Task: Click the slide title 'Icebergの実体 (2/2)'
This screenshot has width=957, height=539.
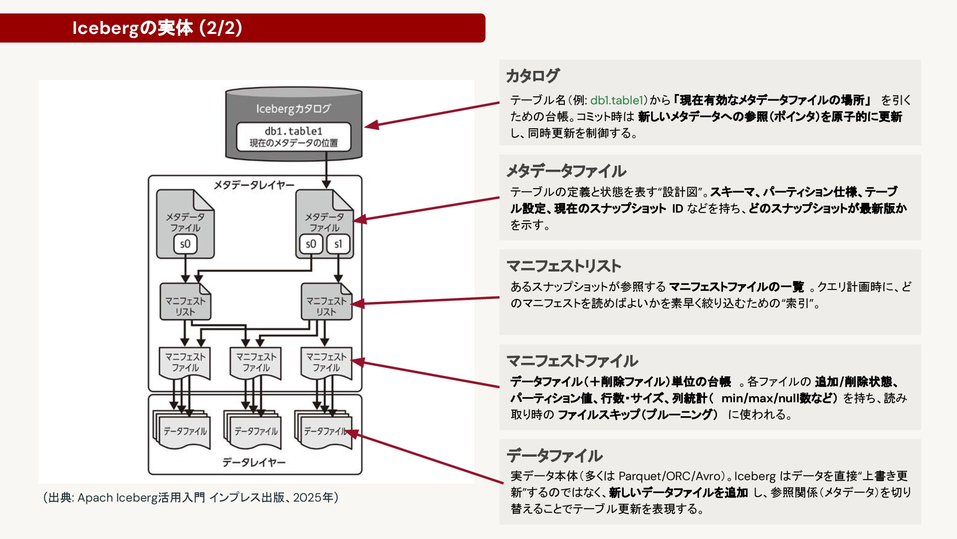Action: pyautogui.click(x=157, y=28)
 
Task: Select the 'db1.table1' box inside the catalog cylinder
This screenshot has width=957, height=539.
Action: pyautogui.click(x=293, y=137)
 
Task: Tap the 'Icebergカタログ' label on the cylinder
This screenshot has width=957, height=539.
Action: pyautogui.click(x=293, y=108)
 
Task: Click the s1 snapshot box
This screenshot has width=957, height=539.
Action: pyautogui.click(x=338, y=244)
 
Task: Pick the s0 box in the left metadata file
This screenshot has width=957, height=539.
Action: pyautogui.click(x=185, y=244)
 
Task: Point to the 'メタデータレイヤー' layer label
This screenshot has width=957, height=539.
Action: pyautogui.click(x=254, y=185)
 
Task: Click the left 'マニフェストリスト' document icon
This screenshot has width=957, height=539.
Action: pyautogui.click(x=185, y=302)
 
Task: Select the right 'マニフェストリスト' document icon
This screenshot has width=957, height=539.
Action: pyautogui.click(x=326, y=302)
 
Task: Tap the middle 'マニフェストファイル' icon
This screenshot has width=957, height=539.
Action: pyautogui.click(x=256, y=362)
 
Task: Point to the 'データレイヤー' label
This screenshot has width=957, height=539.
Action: pyautogui.click(x=254, y=463)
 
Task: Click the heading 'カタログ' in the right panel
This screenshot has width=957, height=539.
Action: pyautogui.click(x=533, y=76)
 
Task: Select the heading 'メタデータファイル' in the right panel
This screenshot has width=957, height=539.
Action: pyautogui.click(x=566, y=171)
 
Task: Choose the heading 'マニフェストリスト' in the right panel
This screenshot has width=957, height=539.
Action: pyautogui.click(x=564, y=266)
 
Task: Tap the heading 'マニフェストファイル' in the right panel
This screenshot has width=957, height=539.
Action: pyautogui.click(x=572, y=361)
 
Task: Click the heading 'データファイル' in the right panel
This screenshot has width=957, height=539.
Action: pyautogui.click(x=555, y=456)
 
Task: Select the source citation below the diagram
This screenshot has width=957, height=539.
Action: pyautogui.click(x=191, y=498)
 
